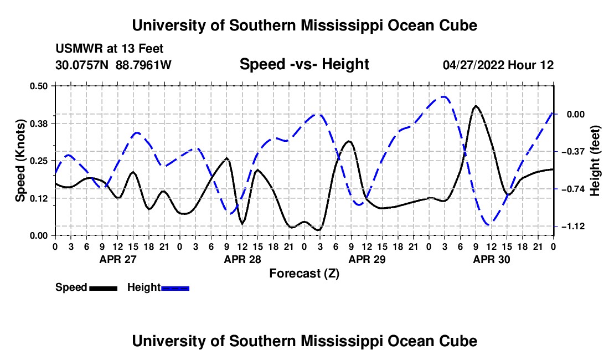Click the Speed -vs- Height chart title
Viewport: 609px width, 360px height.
[304, 64]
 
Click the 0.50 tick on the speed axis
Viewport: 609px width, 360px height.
[38, 86]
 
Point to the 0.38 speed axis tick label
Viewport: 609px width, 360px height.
[38, 124]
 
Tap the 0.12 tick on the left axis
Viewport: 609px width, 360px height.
[38, 198]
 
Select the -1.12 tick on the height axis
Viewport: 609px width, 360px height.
[573, 226]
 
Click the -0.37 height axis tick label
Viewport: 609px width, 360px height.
[573, 151]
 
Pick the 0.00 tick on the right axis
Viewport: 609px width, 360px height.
[576, 114]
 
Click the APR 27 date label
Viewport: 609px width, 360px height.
[118, 259]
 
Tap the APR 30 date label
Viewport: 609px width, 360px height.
[491, 259]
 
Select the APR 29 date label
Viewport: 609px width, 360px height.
[367, 259]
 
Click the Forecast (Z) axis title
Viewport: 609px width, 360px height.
[304, 274]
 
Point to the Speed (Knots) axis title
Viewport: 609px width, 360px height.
[20, 161]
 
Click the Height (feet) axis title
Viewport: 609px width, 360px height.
[595, 161]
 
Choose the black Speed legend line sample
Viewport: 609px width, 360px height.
[104, 288]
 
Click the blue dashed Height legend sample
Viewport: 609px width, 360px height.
[175, 288]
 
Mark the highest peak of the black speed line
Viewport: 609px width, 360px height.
[476, 106]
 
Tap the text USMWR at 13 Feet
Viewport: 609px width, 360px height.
[110, 49]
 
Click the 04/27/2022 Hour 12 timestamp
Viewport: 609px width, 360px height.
[498, 65]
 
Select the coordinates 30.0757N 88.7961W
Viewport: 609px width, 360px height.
[113, 65]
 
